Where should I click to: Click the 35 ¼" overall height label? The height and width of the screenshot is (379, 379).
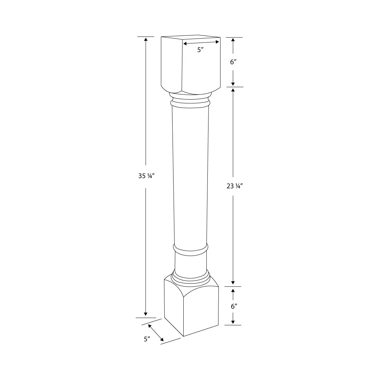146,176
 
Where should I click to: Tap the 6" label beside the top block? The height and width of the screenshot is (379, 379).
233,62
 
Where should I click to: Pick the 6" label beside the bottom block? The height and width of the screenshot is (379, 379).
233,306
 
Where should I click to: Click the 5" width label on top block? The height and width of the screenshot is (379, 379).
201,50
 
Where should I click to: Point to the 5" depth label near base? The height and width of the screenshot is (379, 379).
147,339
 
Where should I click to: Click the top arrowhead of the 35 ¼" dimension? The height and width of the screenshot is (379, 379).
146,39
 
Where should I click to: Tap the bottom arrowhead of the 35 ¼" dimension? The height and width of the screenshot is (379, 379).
146,314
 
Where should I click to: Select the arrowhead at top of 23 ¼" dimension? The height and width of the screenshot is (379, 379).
233,90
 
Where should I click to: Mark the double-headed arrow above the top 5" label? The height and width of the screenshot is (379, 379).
201,42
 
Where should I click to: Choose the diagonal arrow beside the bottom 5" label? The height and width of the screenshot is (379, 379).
156,333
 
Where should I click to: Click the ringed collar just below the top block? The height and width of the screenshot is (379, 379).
190,101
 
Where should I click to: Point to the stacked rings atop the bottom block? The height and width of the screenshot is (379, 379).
191,277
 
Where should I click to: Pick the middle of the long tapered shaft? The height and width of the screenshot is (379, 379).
191,176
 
